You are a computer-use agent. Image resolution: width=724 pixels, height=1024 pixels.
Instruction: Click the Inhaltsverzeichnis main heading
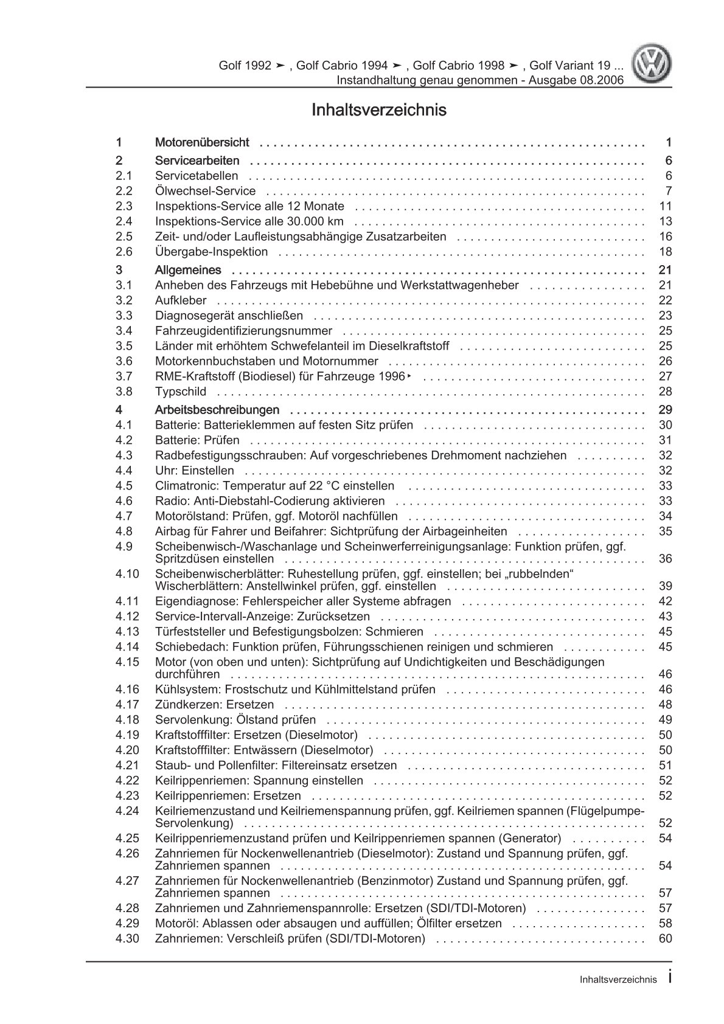pos(378,110)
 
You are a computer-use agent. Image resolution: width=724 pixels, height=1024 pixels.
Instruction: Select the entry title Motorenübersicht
pos(202,142)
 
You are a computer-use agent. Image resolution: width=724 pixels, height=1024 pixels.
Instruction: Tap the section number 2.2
pos(124,191)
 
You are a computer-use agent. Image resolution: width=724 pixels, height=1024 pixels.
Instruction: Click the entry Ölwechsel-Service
pos(205,191)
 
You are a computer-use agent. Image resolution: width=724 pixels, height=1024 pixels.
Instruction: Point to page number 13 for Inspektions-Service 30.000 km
pos(665,221)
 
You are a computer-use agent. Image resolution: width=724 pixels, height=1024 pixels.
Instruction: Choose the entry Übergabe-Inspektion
pos(211,252)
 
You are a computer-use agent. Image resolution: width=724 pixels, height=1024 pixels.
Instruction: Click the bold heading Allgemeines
pos(188,270)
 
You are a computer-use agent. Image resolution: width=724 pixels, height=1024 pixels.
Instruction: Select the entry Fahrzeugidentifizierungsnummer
pos(243,331)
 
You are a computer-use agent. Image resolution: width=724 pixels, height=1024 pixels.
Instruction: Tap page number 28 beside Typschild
pos(665,392)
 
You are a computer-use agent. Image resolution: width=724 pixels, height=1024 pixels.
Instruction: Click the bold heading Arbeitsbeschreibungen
pos(217,410)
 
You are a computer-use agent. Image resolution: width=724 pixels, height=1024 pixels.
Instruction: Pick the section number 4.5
pos(124,486)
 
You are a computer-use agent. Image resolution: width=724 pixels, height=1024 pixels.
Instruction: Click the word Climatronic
pos(185,486)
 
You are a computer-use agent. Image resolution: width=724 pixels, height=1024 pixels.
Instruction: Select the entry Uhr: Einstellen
pos(194,471)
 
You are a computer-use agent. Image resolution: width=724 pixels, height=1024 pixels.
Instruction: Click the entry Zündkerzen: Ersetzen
pos(214,705)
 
